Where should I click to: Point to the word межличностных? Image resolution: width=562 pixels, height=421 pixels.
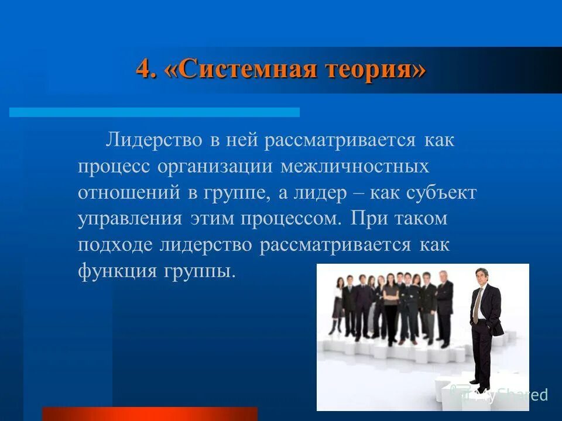click(355, 167)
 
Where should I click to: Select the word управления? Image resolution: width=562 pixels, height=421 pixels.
click(129, 219)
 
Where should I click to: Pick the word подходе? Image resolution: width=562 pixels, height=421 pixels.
click(115, 245)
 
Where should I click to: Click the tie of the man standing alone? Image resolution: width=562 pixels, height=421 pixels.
click(478, 304)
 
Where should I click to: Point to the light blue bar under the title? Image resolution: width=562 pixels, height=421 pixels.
click(155, 112)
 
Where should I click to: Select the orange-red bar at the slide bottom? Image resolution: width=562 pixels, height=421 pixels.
click(150, 414)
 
